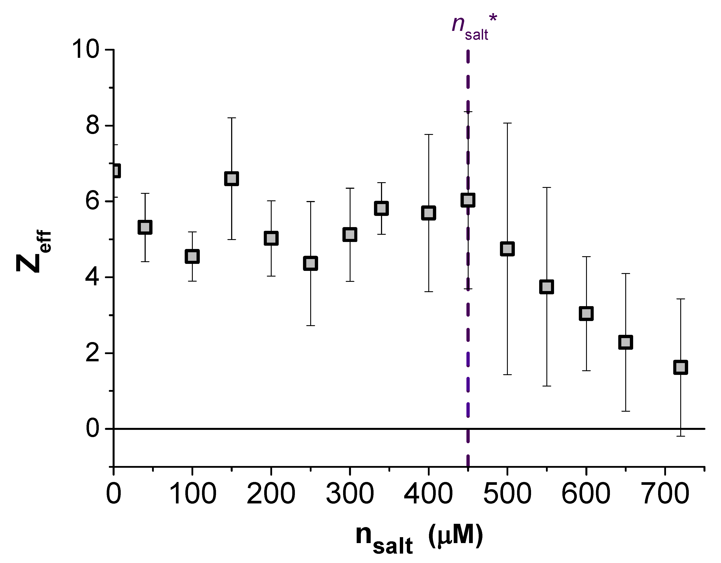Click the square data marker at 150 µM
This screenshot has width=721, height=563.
click(231, 178)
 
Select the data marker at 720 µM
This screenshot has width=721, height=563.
click(680, 367)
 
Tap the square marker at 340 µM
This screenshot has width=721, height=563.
click(381, 208)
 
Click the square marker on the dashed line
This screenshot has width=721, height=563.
click(468, 200)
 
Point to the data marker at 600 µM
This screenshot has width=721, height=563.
click(586, 313)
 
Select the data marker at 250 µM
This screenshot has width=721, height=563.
click(310, 263)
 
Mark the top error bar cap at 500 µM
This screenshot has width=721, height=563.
click(507, 123)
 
